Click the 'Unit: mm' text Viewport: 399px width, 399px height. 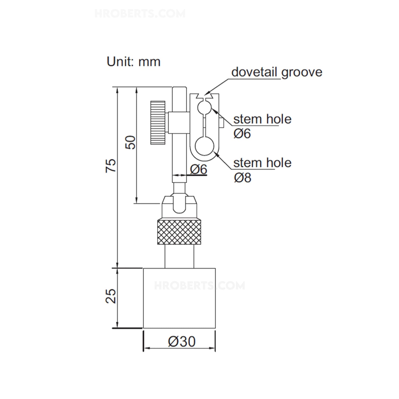(x=133, y=62)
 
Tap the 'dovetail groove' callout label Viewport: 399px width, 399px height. (x=277, y=72)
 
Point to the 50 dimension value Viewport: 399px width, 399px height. (x=131, y=142)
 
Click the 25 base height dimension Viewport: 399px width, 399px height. (x=111, y=296)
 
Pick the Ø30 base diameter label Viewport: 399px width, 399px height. (x=182, y=342)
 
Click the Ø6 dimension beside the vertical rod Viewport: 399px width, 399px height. (x=199, y=169)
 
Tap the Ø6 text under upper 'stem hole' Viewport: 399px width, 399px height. (x=242, y=134)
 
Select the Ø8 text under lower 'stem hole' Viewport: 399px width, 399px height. (x=242, y=178)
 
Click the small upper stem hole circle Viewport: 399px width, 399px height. (x=204, y=107)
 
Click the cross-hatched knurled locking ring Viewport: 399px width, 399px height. (x=179, y=232)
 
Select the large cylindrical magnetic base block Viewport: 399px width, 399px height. (x=179, y=298)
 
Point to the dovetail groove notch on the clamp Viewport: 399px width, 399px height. (x=205, y=97)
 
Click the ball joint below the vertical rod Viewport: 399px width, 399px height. (x=179, y=204)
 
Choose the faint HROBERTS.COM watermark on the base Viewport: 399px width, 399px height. (x=199, y=286)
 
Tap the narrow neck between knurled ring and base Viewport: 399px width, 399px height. (x=179, y=256)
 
